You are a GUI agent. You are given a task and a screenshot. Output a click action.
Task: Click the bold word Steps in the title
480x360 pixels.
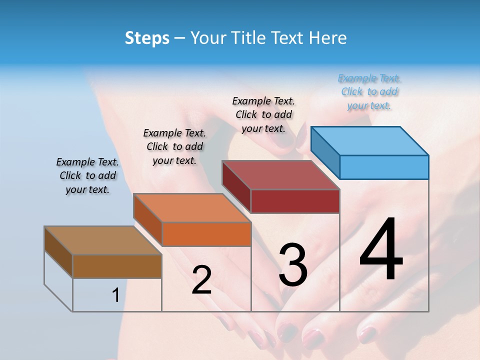tap(147, 38)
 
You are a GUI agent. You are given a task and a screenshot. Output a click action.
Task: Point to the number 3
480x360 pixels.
tap(293, 264)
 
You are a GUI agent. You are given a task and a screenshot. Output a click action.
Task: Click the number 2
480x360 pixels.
tap(201, 280)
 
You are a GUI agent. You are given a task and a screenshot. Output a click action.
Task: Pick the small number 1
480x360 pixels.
tap(115, 295)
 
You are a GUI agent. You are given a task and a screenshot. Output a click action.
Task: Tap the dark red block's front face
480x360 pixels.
tap(295, 201)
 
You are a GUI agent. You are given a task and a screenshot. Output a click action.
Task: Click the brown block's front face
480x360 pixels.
tap(117, 266)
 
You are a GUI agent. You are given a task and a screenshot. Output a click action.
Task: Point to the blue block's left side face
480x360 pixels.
tap(325, 153)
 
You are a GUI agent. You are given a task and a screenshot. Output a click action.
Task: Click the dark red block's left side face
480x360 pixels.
tap(236, 186)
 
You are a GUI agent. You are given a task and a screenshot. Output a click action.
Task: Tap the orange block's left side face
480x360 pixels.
tap(148, 219)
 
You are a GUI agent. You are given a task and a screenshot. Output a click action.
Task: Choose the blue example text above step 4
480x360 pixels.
tap(369, 92)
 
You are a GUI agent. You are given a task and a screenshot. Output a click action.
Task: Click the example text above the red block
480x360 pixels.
tap(263, 114)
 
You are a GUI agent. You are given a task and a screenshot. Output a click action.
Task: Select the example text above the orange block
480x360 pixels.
tap(174, 146)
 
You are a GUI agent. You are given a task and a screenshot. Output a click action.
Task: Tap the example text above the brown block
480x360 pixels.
tap(87, 175)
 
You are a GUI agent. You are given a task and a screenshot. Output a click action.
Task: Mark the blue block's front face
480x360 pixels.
tap(384, 167)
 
